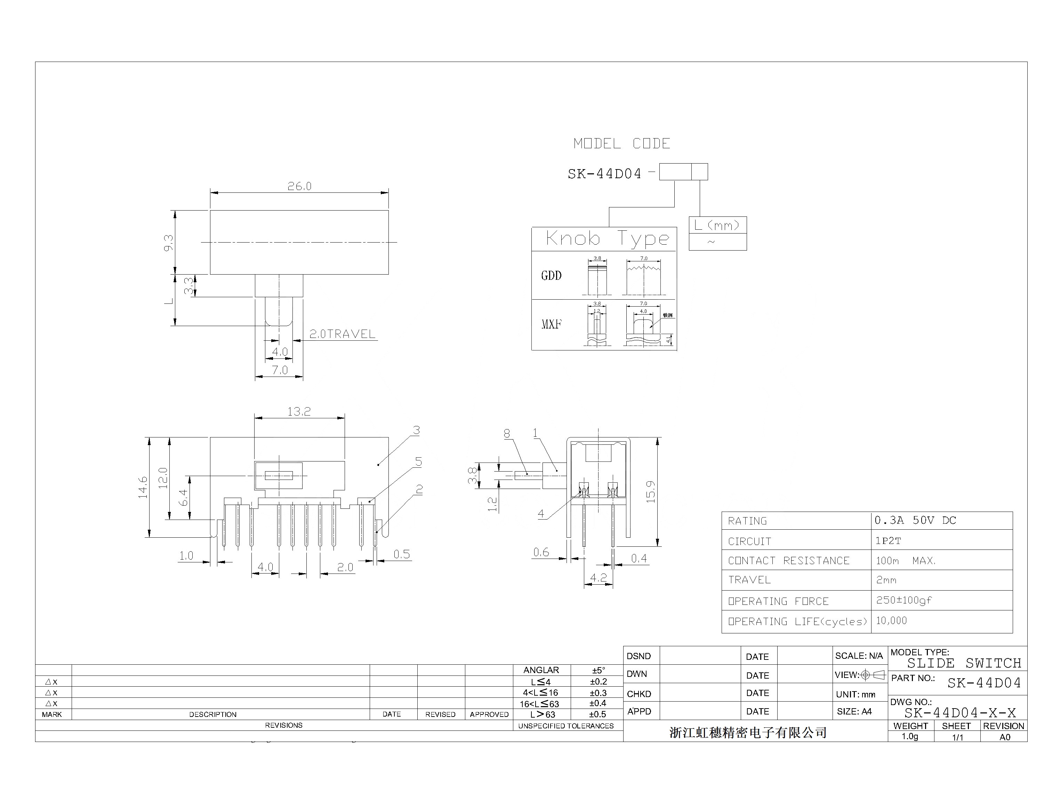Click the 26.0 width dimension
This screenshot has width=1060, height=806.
299,186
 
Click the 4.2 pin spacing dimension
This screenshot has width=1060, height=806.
598,578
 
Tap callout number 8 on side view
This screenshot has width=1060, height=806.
507,433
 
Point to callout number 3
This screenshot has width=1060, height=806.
416,430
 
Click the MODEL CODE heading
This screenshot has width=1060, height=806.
621,143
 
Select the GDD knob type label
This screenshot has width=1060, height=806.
551,275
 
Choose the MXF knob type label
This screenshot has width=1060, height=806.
551,324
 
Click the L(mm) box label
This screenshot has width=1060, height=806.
717,225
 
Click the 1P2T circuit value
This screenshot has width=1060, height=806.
888,541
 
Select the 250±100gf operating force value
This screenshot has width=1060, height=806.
904,600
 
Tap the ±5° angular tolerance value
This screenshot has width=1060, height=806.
598,670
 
